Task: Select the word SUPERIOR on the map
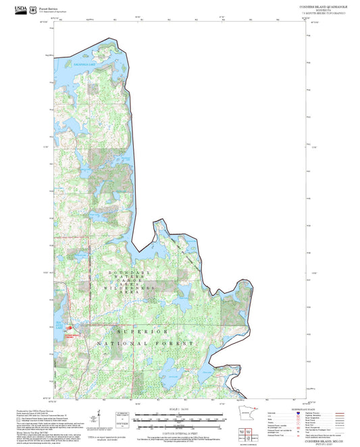coord(142,332)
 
